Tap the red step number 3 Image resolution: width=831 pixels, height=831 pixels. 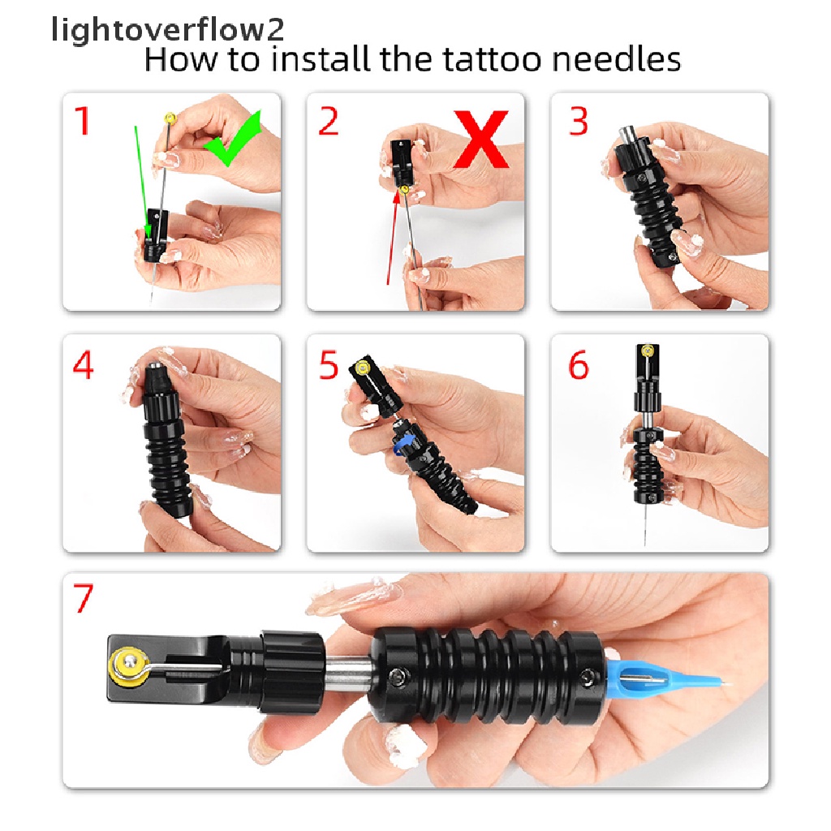(579, 122)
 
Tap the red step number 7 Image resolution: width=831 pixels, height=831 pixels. (84, 599)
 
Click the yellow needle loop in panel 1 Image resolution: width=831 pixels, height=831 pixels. (170, 118)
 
